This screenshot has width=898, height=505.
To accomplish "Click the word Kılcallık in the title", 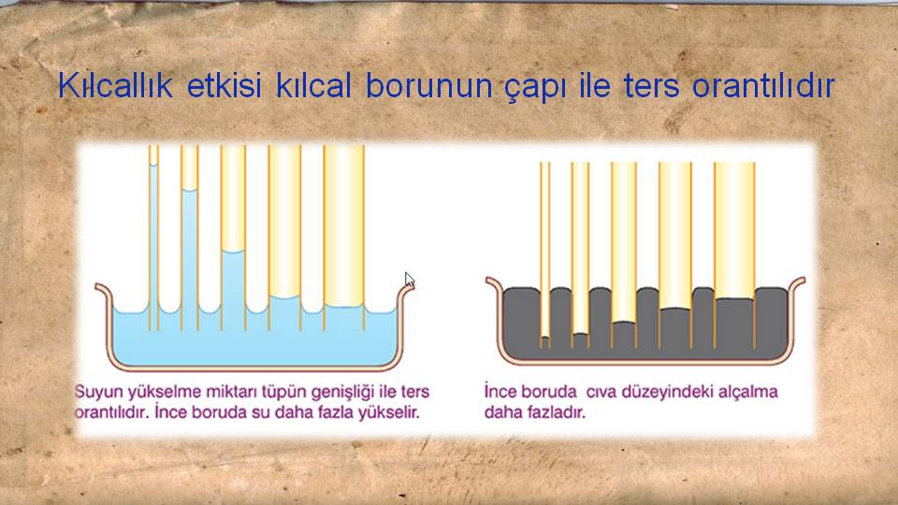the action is tap(115, 86).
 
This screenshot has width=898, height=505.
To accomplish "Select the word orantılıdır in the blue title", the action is tap(763, 86).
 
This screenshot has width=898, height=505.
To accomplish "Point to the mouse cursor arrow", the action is tap(409, 280).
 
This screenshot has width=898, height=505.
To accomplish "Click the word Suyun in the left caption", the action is tap(98, 393).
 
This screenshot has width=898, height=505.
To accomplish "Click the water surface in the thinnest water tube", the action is tap(153, 165).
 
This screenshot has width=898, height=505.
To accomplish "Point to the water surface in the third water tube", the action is tap(233, 251).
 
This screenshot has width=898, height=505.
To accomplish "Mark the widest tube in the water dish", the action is tap(343, 238).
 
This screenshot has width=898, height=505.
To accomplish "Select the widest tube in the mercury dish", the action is tap(734, 254).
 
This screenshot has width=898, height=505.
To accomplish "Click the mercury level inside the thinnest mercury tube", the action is tap(545, 338).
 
